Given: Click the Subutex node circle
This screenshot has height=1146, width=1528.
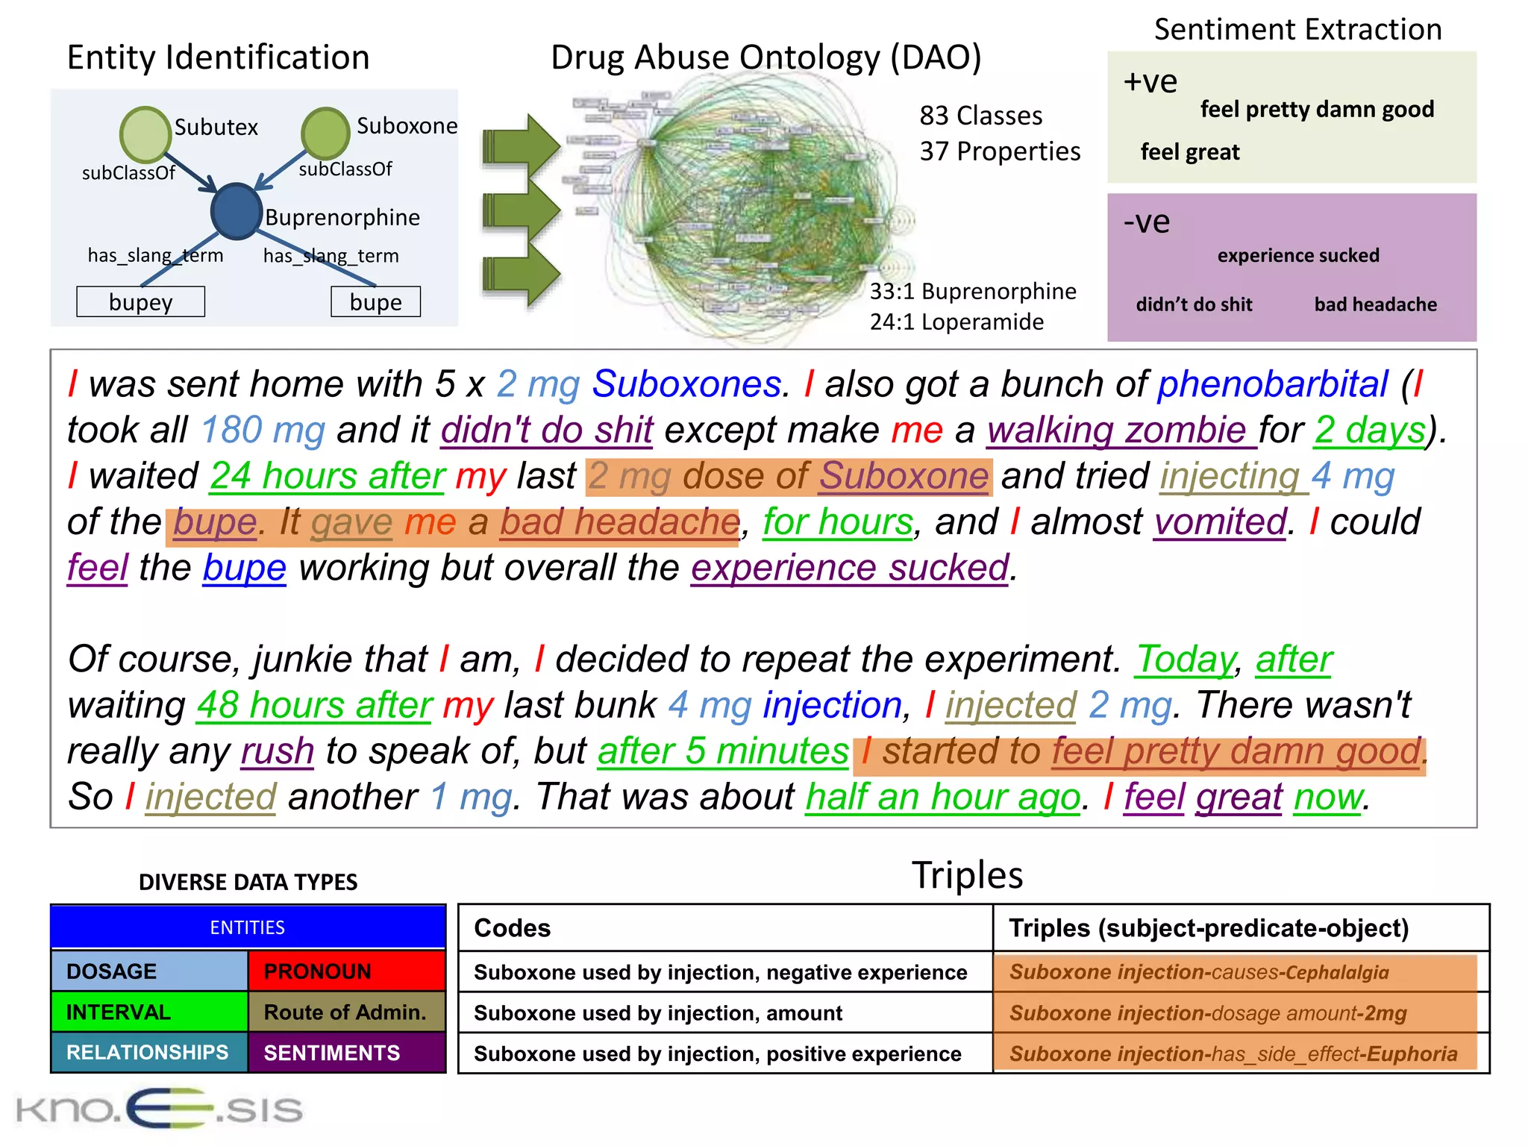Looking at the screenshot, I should pos(145,135).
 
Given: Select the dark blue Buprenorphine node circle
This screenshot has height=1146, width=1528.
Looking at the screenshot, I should pos(236,211).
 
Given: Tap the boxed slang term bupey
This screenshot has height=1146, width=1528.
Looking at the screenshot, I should pos(140,302).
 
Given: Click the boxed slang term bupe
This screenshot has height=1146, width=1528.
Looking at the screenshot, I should pos(375,302).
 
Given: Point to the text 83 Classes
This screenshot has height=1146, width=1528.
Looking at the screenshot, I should pos(980,116).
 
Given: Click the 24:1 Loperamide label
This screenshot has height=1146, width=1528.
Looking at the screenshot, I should pos(956,322).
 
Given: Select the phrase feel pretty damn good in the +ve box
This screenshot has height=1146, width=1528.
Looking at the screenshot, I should pos(1317,110).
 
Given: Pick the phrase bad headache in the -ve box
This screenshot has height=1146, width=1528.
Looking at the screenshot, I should pos(1375,304).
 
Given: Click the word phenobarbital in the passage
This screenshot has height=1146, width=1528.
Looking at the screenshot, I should pos(1273,384).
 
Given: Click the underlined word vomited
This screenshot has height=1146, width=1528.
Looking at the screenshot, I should pos(1220,522).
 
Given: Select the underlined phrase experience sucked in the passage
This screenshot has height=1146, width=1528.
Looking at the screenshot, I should pos(849,568).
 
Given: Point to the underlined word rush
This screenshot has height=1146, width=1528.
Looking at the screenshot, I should pos(277,751).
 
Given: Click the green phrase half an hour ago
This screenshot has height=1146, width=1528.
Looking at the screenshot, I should pos(942,797).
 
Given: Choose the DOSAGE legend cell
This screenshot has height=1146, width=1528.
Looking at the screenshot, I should pos(149,971).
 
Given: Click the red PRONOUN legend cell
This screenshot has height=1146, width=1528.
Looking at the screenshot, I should pos(346,971).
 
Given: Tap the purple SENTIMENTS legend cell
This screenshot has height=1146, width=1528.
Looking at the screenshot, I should pos(346,1053).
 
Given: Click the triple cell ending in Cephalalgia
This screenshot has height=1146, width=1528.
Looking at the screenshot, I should pos(1235,972).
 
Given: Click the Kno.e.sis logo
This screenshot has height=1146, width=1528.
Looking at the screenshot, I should pos(159,1109).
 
